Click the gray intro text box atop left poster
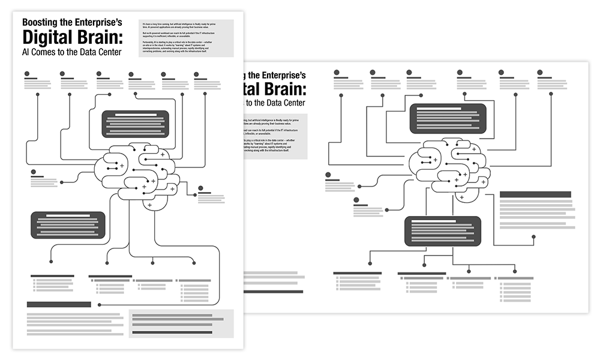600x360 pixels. [x=185, y=37]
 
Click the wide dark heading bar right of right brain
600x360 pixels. [x=535, y=194]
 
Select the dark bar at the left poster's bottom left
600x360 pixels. [x=59, y=304]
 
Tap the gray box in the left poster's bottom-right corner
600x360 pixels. [x=181, y=323]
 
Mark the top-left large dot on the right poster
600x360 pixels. [x=337, y=73]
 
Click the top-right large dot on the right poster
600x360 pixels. [x=540, y=73]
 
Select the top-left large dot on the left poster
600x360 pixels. [x=28, y=74]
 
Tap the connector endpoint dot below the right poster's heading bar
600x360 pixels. [x=533, y=237]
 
